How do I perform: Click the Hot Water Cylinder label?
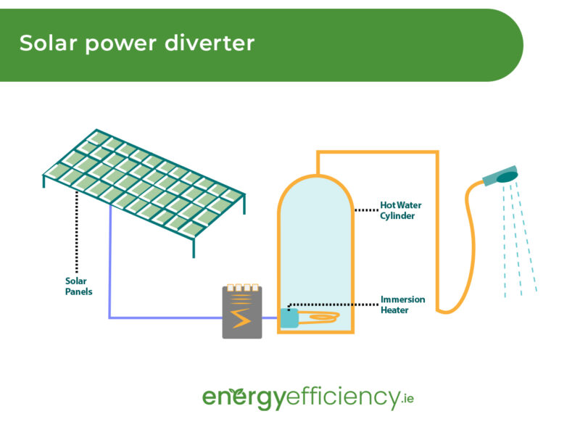(x=400, y=210)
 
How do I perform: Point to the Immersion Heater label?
(x=402, y=304)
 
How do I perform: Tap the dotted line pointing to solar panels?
(x=77, y=232)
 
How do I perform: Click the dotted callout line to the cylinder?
(x=366, y=210)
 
